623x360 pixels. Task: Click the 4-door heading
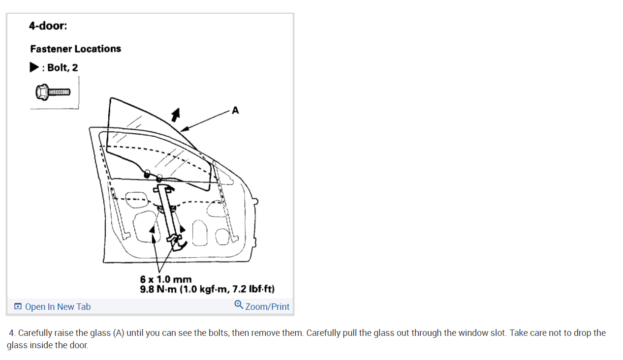(x=48, y=26)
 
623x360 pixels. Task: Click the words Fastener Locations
(x=75, y=49)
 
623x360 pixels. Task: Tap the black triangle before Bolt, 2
(x=34, y=67)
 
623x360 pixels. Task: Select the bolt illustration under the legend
(x=53, y=91)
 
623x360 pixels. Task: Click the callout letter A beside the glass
(x=235, y=111)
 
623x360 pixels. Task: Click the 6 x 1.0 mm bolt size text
(x=166, y=280)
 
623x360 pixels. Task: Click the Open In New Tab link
(x=58, y=307)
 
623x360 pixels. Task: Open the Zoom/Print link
(x=267, y=307)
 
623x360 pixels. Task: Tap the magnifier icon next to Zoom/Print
(x=239, y=305)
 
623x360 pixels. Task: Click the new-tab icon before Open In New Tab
(x=18, y=307)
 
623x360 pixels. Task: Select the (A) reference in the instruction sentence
(x=118, y=333)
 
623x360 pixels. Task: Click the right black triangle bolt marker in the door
(x=183, y=228)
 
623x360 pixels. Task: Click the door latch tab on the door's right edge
(x=255, y=201)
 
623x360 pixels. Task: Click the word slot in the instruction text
(x=496, y=333)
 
